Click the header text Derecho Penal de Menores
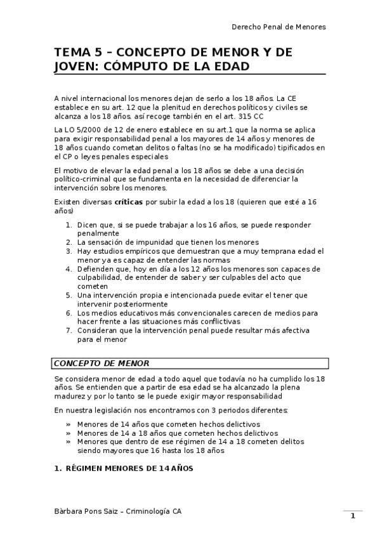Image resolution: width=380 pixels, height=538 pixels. click(278, 27)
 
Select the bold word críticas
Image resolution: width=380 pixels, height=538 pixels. click(129, 202)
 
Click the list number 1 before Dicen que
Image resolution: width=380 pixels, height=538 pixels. click(69, 225)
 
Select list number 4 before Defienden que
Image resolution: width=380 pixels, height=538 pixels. click(69, 268)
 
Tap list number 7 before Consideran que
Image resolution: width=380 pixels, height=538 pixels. click(69, 330)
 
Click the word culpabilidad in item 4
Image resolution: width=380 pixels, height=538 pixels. click(101, 277)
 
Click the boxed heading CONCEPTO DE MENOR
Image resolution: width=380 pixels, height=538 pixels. click(102, 364)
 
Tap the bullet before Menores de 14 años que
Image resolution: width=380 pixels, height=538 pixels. click(68, 424)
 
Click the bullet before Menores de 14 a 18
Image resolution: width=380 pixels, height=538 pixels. click(68, 433)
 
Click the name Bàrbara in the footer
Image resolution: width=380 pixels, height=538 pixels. click(69, 511)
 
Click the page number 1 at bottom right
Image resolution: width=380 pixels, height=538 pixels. click(353, 516)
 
